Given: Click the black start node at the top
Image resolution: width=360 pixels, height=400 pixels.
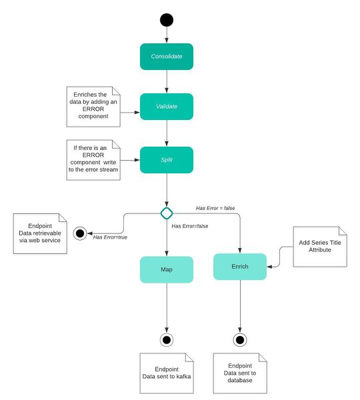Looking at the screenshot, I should tap(166, 19).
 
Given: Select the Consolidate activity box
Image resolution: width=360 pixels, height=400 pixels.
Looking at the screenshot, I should tap(166, 57).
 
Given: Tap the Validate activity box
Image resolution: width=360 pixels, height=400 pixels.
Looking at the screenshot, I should tap(166, 107).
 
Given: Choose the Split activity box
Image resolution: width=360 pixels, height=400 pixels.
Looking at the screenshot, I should tap(166, 161).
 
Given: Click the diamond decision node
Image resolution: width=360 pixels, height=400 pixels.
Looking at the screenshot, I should tap(166, 213).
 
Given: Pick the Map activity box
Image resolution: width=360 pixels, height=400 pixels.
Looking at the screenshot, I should tap(166, 269).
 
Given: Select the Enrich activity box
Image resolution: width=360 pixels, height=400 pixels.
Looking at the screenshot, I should tap(240, 267).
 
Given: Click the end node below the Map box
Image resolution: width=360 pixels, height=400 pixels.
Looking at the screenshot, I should tap(166, 340).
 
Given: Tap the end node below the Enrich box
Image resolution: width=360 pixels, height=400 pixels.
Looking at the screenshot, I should tap(240, 340).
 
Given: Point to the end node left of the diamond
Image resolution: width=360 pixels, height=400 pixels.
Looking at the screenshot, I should tap(81, 233).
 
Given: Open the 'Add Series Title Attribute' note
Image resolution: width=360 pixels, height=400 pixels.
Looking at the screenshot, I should tap(320, 247).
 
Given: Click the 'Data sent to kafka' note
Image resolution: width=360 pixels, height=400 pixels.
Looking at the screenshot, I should tap(166, 373).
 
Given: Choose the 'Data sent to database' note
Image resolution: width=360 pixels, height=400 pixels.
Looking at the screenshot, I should tap(240, 374).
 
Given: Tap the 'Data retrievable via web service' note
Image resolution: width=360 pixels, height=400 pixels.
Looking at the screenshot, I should tap(40, 233).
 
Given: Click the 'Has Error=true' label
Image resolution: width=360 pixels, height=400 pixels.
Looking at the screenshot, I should tap(111, 237).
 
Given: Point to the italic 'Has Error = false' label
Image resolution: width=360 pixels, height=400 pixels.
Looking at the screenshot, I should tap(215, 208).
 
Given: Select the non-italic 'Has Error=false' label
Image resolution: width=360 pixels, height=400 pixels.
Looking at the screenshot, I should tap(190, 226).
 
